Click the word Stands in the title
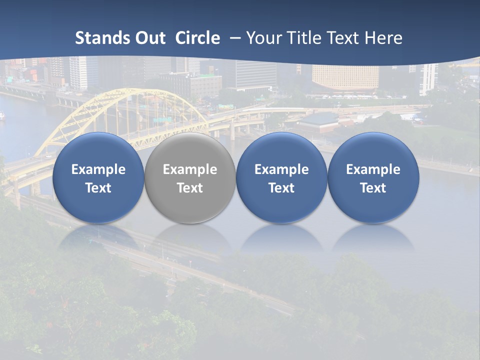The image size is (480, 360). pos(102,38)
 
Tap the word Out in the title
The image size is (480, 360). pos(150,38)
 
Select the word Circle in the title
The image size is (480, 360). pos(197,38)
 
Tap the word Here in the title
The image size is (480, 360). pos(383,38)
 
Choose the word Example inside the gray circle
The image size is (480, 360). pos(190,169)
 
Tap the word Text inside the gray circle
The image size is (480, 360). pos(190,188)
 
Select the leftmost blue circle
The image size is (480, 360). pos(98,150)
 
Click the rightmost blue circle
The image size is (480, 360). pos(373,150)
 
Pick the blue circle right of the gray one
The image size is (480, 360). pos(281,150)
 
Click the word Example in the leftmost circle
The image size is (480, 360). pos(98,169)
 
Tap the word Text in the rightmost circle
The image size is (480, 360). pos(373,188)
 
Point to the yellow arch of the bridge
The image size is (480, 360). pos(125,95)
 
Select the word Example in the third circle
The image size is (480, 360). pos(281,169)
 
